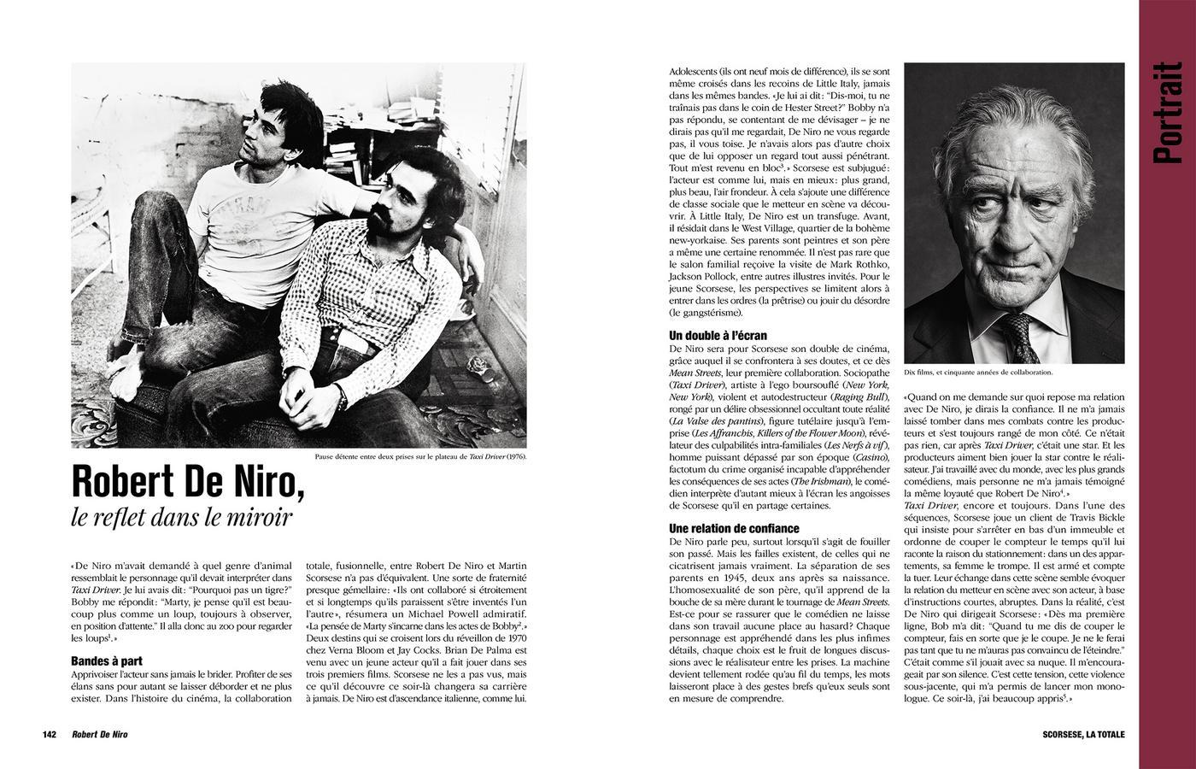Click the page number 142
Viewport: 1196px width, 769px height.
pyautogui.click(x=49, y=735)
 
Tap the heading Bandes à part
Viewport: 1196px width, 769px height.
pyautogui.click(x=107, y=660)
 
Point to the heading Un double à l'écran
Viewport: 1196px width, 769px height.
pyautogui.click(x=718, y=336)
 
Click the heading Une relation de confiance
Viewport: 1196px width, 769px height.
pyautogui.click(x=734, y=528)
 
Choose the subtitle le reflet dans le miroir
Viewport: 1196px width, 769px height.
pyautogui.click(x=182, y=518)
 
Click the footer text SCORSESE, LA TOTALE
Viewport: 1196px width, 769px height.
pyautogui.click(x=1083, y=735)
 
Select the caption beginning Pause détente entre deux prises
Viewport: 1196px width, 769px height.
pyautogui.click(x=420, y=456)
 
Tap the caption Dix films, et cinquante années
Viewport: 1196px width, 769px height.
pyautogui.click(x=977, y=373)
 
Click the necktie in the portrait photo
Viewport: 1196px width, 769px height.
pyautogui.click(x=1020, y=336)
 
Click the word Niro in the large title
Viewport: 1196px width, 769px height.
pyautogui.click(x=260, y=483)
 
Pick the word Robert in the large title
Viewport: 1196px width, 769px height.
pyautogui.click(x=120, y=483)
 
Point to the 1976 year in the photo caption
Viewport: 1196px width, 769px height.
pyautogui.click(x=515, y=456)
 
